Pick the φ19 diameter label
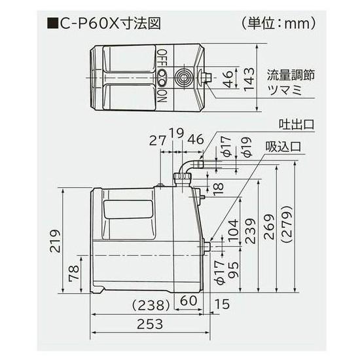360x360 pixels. pos(245,149)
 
